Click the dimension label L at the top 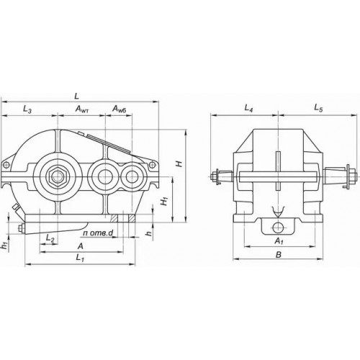(x=76, y=96)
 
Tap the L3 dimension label (x=27, y=109)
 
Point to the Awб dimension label (x=119, y=109)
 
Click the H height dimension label (x=179, y=164)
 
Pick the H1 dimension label (x=165, y=201)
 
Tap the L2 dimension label (x=50, y=238)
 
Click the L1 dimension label (x=80, y=258)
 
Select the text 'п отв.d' (x=98, y=233)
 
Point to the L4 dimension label (x=248, y=109)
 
